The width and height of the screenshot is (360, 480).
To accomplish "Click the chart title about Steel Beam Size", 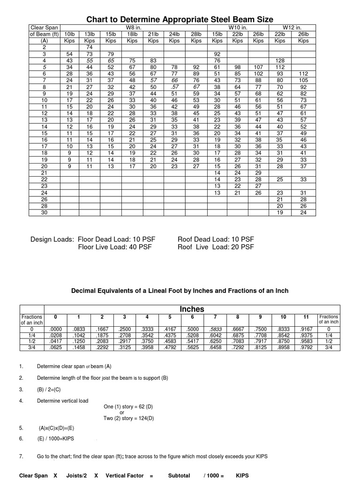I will pyautogui.click(x=180, y=19).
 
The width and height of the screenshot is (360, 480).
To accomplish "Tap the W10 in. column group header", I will pyautogui.click(x=238, y=28).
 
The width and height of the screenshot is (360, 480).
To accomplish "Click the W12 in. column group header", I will pyautogui.click(x=292, y=28).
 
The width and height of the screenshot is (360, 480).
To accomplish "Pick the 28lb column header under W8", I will pyautogui.click(x=196, y=34).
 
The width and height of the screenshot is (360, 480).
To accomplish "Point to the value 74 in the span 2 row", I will pyautogui.click(x=89, y=47).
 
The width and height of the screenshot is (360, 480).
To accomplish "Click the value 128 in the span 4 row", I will pyautogui.click(x=280, y=60).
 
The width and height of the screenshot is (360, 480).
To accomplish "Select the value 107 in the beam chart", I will pyautogui.click(x=259, y=67).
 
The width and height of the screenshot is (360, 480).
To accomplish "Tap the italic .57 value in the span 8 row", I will pyautogui.click(x=174, y=87).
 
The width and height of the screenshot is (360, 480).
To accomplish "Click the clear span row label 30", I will pyautogui.click(x=45, y=212).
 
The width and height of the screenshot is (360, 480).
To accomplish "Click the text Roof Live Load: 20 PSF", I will pyautogui.click(x=216, y=247).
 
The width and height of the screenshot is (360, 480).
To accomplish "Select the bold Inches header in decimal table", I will pyautogui.click(x=180, y=309).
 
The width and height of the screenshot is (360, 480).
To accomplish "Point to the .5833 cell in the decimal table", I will pyautogui.click(x=216, y=330).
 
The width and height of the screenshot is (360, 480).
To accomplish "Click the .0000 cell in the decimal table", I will pyautogui.click(x=55, y=330).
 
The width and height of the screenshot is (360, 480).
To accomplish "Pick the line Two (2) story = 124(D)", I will pyautogui.click(x=128, y=418).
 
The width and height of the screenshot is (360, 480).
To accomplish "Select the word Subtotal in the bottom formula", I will pyautogui.click(x=179, y=475).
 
